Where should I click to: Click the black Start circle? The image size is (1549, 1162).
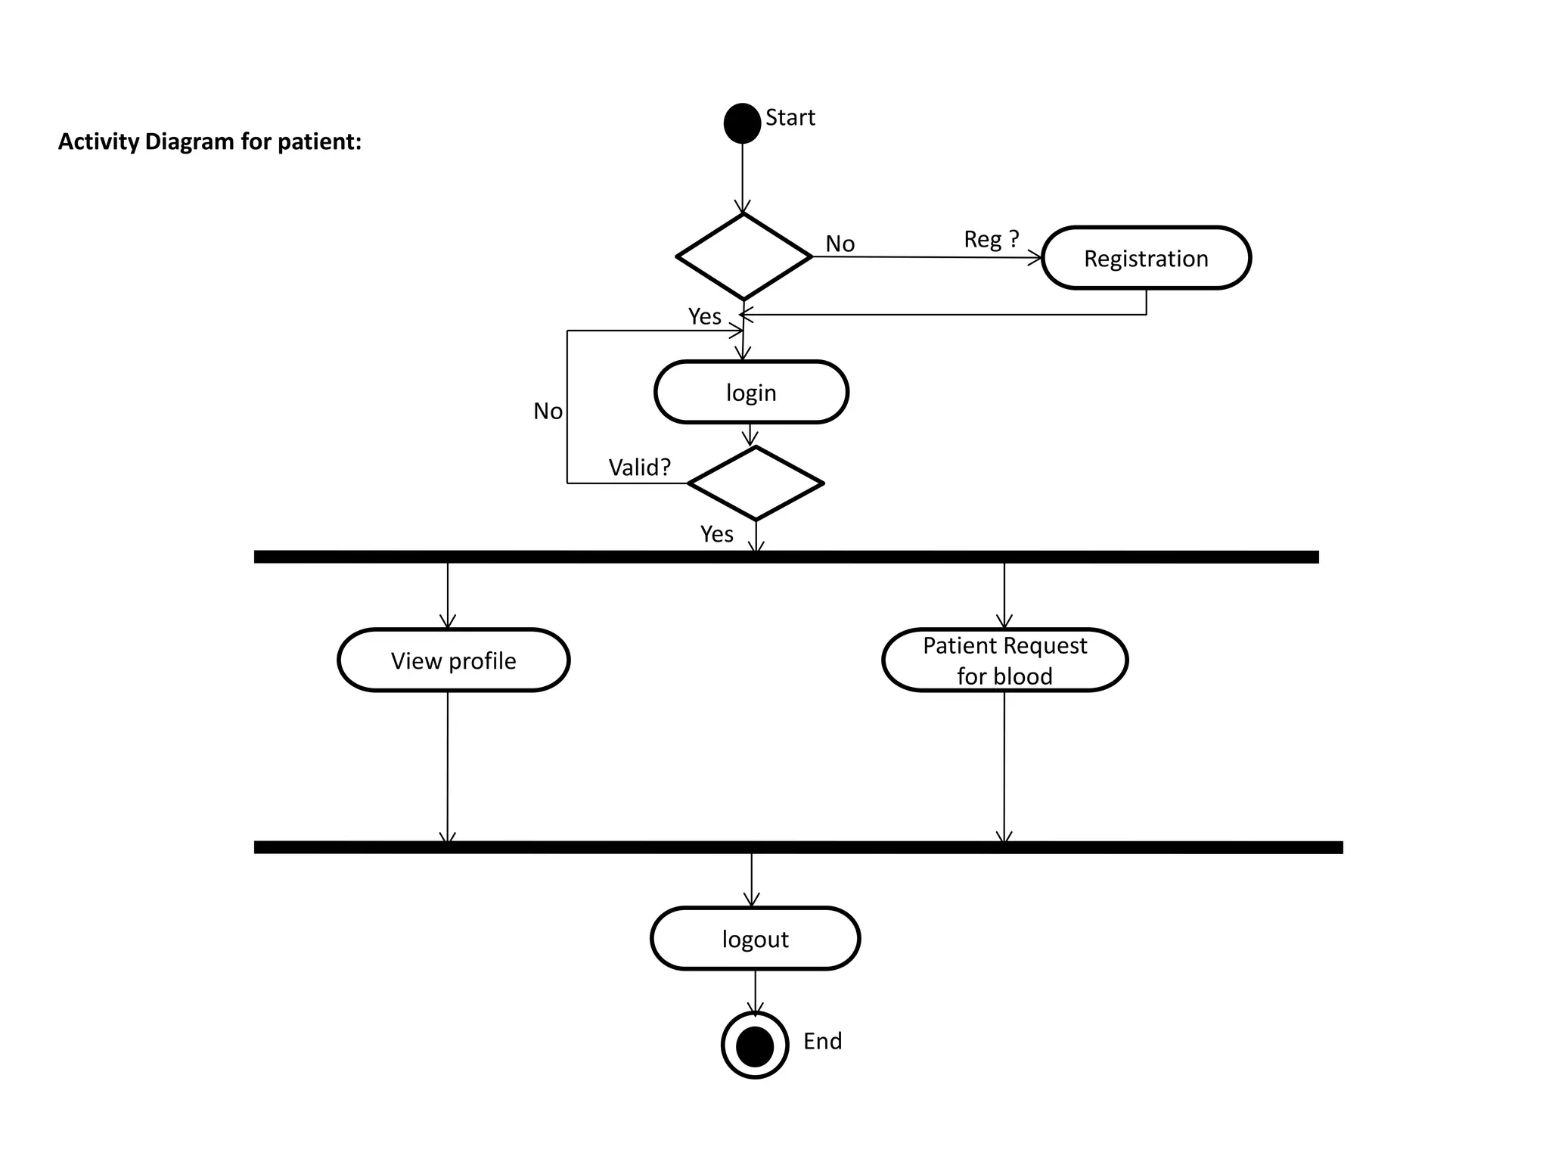pos(742,123)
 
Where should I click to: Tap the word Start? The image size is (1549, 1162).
pos(790,118)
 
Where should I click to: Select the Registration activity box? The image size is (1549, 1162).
pos(1145,258)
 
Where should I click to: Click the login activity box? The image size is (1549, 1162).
pos(751,392)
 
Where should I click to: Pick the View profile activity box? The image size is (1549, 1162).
pos(453,660)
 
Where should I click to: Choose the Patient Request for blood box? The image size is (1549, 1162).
pos(1004,660)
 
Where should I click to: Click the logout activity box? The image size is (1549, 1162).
pos(755,938)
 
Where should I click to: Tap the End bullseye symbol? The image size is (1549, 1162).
pos(755,1045)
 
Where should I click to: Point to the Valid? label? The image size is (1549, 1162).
pos(639,467)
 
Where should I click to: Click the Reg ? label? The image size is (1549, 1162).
pos(991,239)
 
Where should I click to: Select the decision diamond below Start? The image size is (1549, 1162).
pos(743,256)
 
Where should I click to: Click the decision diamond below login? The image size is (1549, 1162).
pos(755,483)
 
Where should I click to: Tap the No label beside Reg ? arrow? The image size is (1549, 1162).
pos(840,244)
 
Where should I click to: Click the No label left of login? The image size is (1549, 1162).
pos(548,411)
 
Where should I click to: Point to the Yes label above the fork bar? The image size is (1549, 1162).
pos(716,534)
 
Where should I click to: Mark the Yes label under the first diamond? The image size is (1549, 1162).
pos(704,316)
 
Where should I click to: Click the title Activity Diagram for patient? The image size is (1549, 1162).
pos(210,141)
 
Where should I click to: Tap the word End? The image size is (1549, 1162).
pos(822,1041)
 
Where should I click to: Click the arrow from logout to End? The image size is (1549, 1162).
pos(755,991)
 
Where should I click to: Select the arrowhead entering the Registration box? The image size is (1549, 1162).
pos(1035,259)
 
